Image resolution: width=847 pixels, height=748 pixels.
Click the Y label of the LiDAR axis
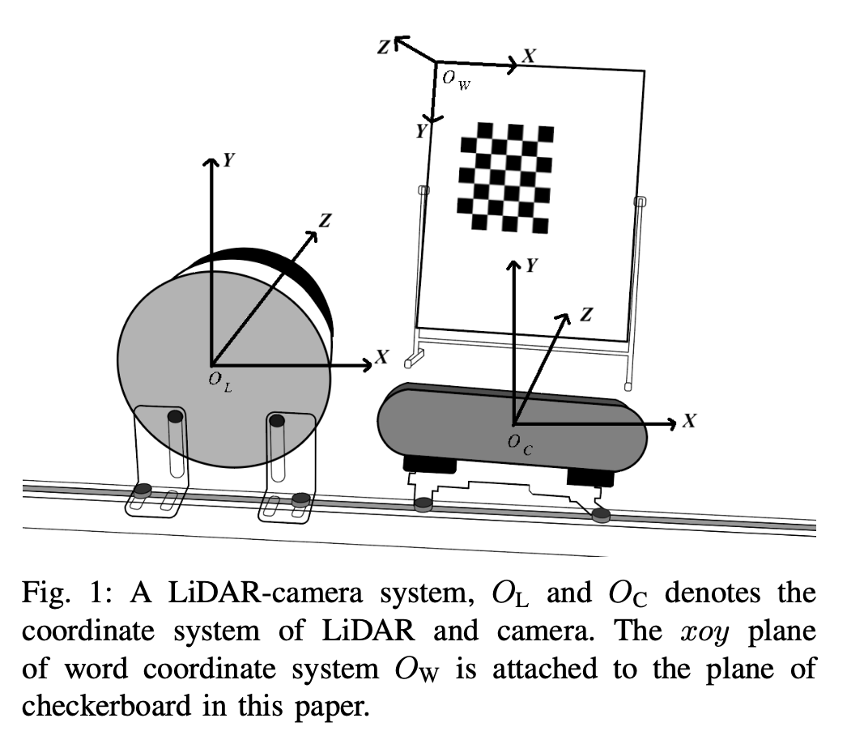tap(230, 160)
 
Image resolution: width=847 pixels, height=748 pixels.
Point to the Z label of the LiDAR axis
tap(325, 219)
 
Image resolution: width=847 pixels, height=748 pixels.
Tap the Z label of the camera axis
tap(585, 314)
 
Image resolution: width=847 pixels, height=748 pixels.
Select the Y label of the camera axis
tap(531, 266)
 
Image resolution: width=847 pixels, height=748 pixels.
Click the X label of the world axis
tap(529, 55)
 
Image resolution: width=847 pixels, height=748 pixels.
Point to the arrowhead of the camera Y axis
tap(512, 266)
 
